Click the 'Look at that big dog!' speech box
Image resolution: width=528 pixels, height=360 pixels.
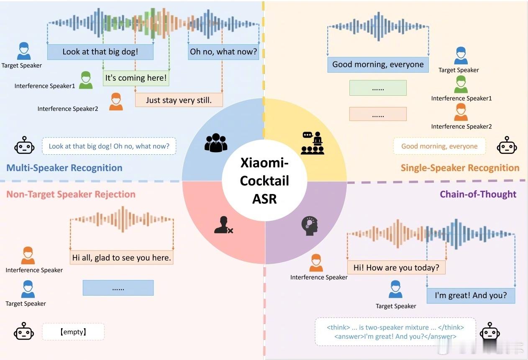[100, 52]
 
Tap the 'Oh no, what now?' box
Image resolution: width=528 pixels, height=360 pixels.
[223, 52]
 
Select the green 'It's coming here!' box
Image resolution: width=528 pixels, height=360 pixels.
[136, 78]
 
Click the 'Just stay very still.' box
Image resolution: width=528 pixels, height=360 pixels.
[179, 100]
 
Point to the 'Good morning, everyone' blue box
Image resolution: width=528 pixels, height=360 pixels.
[378, 64]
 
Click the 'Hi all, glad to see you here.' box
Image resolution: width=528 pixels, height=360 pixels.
[122, 258]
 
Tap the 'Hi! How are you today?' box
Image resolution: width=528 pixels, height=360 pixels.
[397, 268]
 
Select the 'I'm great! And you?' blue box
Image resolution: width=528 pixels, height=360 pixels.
[471, 296]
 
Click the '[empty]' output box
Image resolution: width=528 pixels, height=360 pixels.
[73, 332]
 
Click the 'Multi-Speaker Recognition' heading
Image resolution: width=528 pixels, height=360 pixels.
[64, 168]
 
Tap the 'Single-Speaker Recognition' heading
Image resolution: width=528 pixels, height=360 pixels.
[460, 168]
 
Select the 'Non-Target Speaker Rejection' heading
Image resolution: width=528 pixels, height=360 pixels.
[71, 194]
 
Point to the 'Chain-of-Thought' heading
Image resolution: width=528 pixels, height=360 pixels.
[478, 194]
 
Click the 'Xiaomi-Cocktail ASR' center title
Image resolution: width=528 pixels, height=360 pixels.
[264, 181]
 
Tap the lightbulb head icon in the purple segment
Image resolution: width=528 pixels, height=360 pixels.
[310, 226]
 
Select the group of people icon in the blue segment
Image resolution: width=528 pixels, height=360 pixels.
[216, 143]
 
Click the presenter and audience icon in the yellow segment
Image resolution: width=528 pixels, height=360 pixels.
[313, 143]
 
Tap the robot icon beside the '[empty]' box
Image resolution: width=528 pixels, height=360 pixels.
[24, 331]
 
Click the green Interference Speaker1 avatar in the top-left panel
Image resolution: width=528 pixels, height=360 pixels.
[86, 80]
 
